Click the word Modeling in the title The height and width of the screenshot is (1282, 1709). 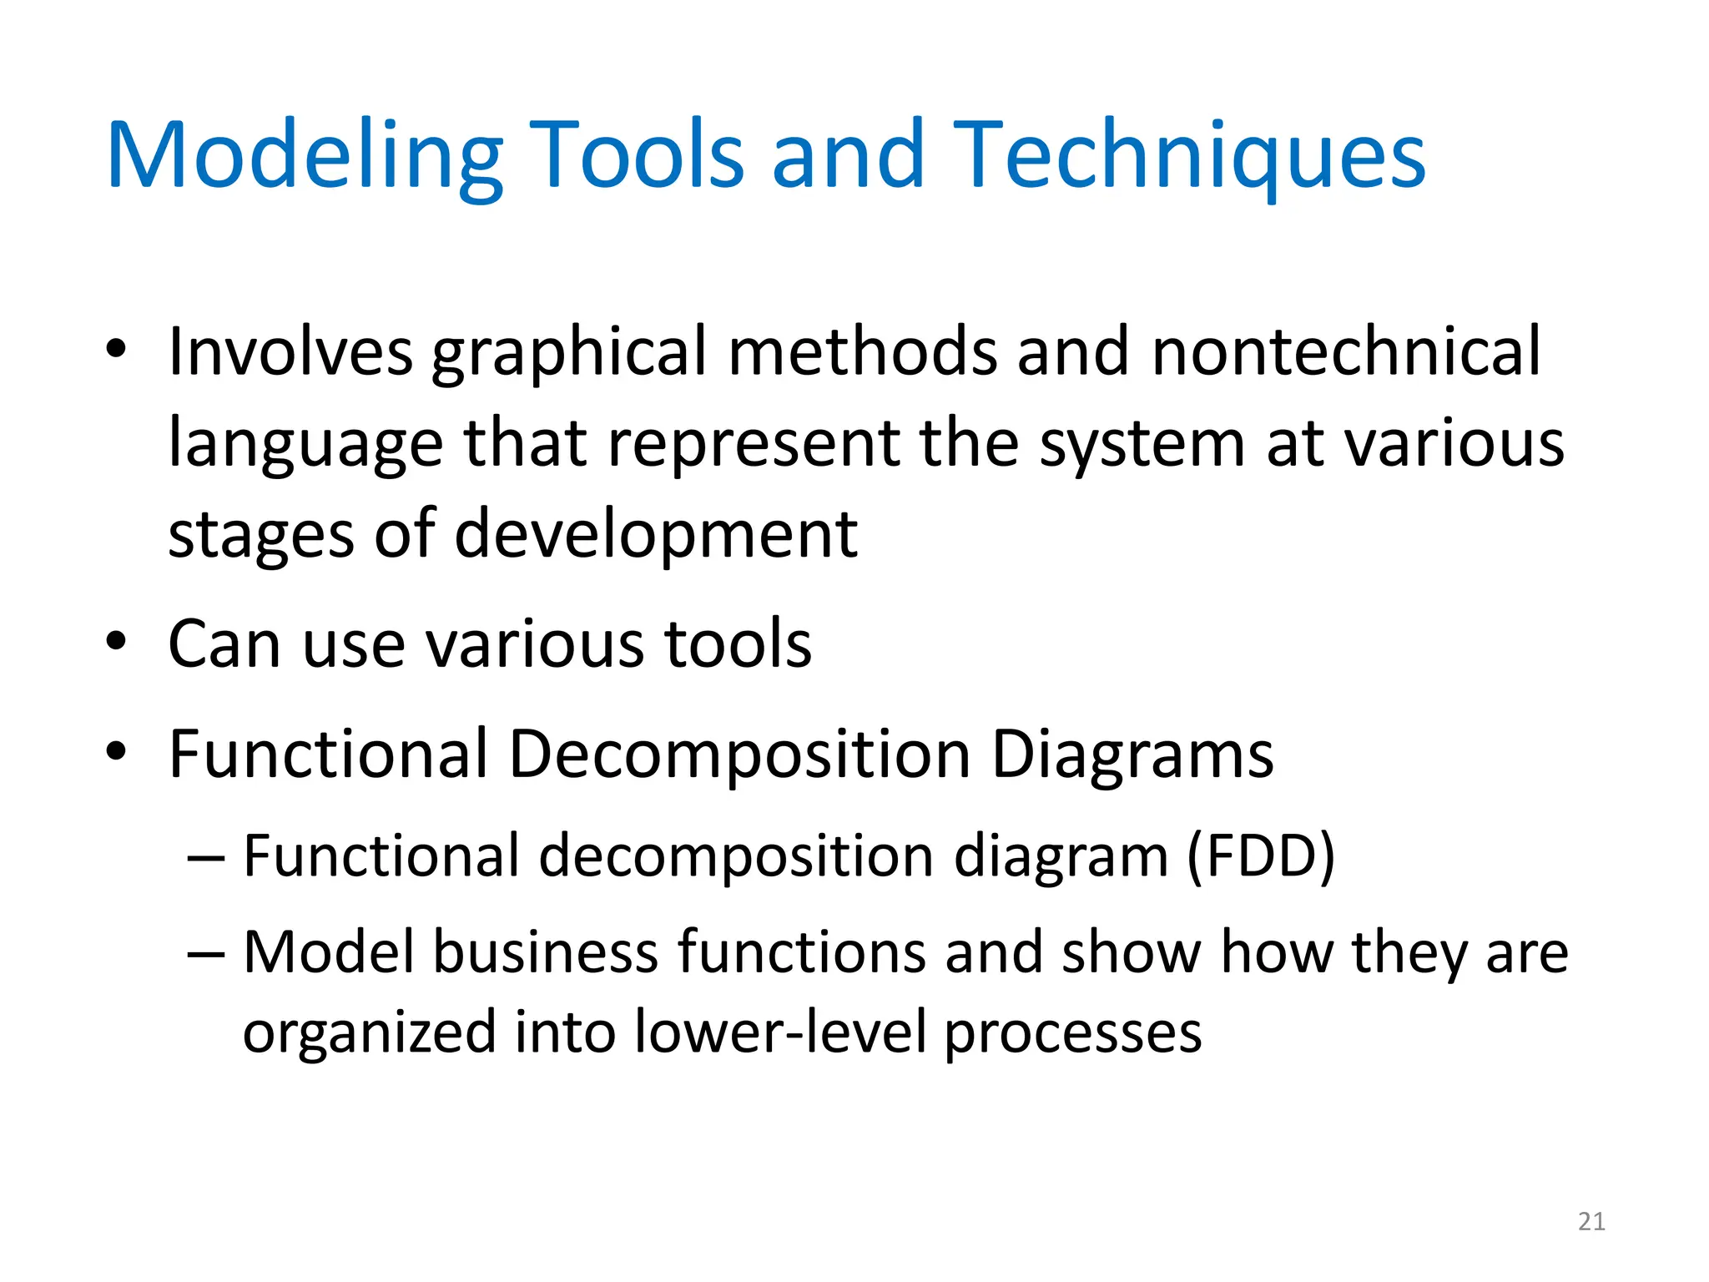click(x=305, y=157)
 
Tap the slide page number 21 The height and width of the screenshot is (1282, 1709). click(x=1591, y=1222)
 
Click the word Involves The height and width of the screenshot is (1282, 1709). click(x=290, y=351)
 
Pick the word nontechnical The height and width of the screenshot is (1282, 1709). click(x=1345, y=351)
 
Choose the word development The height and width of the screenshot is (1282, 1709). click(x=656, y=536)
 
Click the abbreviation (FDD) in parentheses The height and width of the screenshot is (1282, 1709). click(x=1260, y=856)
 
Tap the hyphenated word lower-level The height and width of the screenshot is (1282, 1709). click(x=780, y=1032)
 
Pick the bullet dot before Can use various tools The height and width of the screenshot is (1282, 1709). click(x=116, y=642)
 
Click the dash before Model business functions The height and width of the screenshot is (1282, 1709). click(x=206, y=954)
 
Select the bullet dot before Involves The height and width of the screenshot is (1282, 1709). click(x=116, y=349)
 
